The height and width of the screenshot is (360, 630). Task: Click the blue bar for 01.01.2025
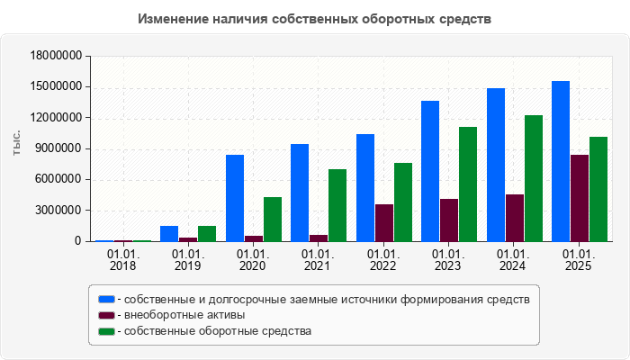coord(561,161)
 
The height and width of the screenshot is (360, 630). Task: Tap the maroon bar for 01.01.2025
coord(580,198)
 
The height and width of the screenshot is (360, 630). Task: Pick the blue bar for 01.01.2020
coord(235,198)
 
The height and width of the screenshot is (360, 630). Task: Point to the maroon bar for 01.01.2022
coord(384,222)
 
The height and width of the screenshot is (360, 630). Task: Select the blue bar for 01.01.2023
coord(430,171)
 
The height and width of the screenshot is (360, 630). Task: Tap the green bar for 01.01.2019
coord(207,233)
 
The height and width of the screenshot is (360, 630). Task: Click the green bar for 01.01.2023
coord(468,184)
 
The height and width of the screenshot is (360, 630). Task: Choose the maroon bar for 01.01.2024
coord(515,218)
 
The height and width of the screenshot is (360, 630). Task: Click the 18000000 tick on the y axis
coord(57,56)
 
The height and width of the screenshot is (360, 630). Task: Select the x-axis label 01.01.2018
coord(122,259)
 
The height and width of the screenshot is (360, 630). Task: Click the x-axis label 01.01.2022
coord(383,259)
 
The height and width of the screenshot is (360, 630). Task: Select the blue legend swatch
coord(107,299)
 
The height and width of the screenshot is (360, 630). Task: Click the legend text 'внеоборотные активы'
coord(184,315)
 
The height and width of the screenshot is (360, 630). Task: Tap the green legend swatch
coord(107,331)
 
